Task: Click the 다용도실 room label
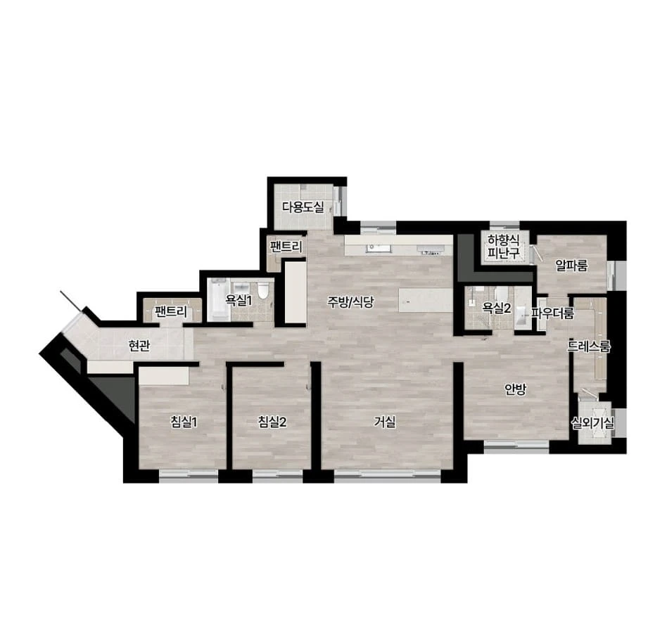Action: click(303, 207)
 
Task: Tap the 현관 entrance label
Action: click(139, 346)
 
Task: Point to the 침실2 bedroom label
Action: click(272, 422)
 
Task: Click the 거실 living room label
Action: click(385, 422)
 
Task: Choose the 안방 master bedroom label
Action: click(516, 389)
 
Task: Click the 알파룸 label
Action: click(572, 266)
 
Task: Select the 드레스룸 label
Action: click(589, 346)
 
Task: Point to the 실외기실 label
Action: click(593, 423)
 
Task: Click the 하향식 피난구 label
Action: click(504, 247)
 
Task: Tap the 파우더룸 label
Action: click(552, 313)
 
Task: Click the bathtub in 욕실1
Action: click(219, 299)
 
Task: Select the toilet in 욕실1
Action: click(264, 290)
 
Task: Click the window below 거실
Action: click(388, 475)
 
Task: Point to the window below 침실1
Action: click(189, 475)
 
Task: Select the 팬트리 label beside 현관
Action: click(170, 312)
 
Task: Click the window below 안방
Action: click(517, 446)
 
